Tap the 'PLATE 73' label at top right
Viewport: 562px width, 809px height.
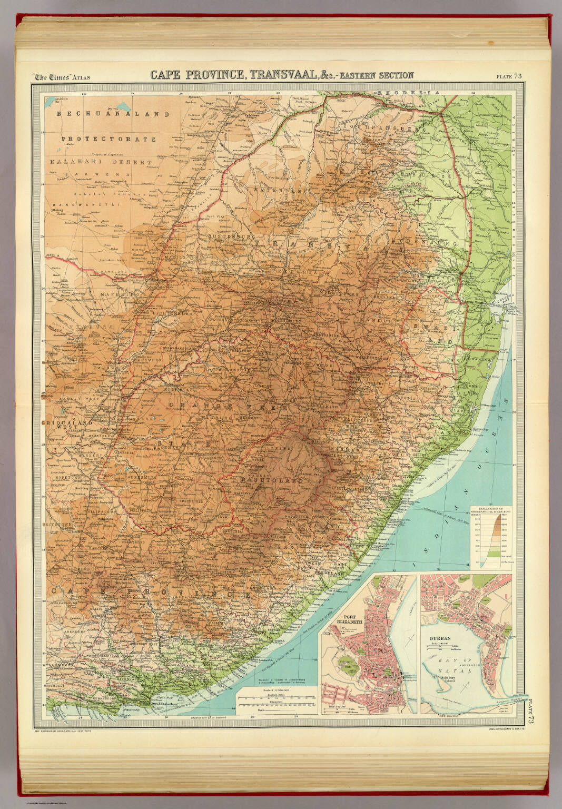(508, 76)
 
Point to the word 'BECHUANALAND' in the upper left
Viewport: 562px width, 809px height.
(113, 114)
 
